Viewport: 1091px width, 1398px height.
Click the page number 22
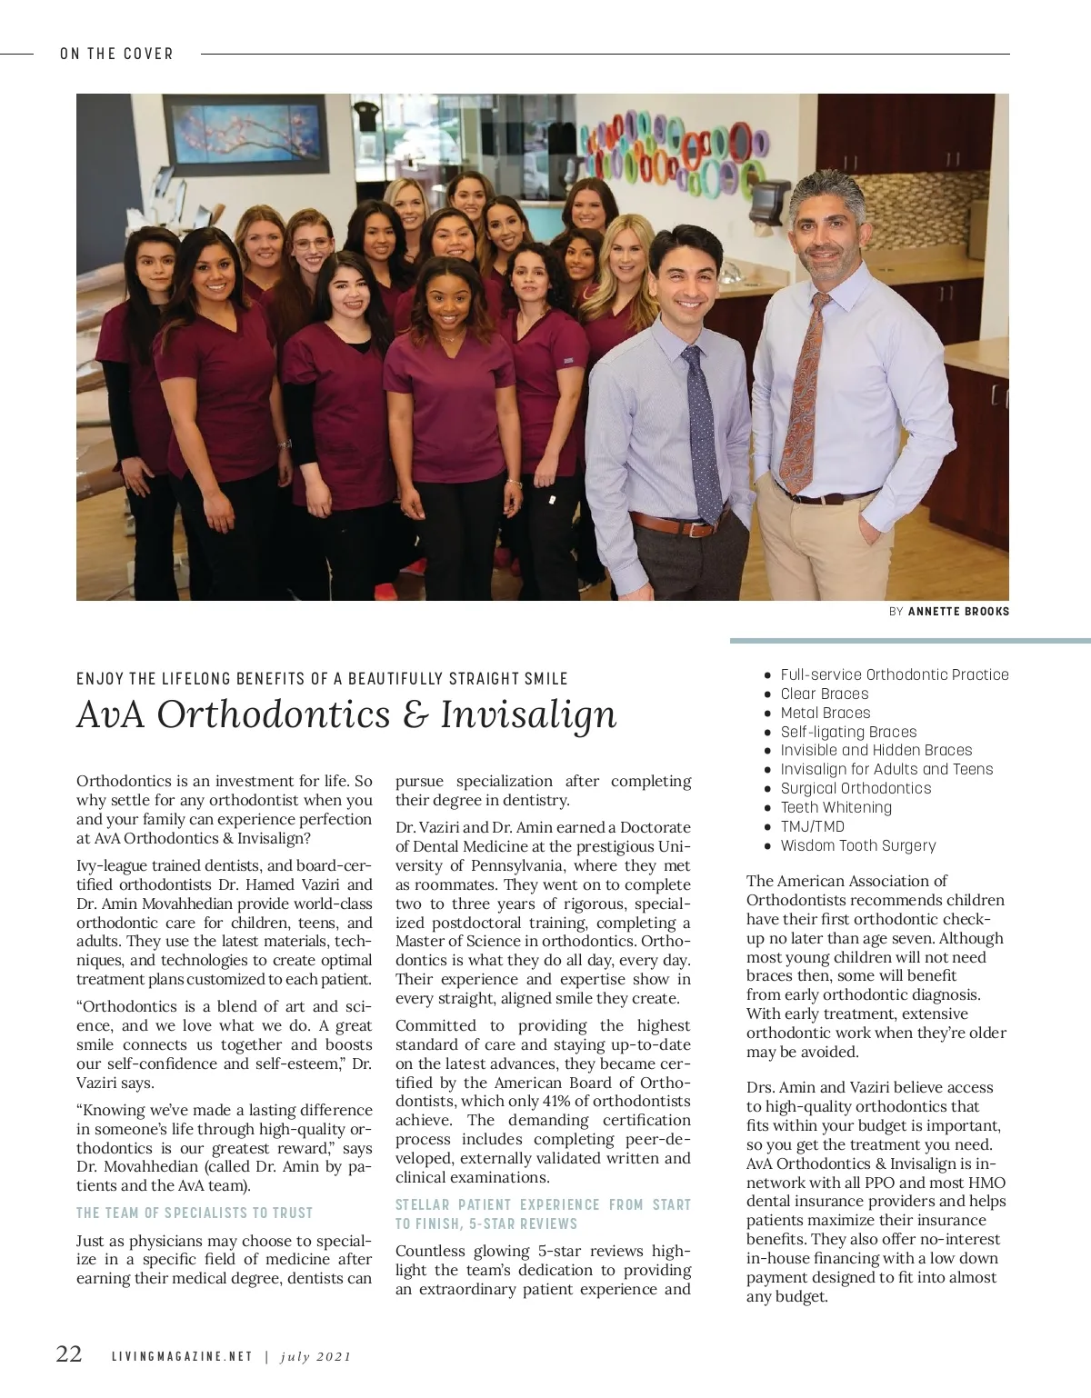point(69,1354)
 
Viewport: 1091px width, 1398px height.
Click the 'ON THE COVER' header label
point(116,54)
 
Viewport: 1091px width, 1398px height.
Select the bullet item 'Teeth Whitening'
point(836,807)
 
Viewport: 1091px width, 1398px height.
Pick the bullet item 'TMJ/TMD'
point(812,826)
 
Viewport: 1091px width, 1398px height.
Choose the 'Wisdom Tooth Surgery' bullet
point(857,845)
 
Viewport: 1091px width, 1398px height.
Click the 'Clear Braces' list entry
point(824,694)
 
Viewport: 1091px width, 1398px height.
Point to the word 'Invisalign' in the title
point(528,714)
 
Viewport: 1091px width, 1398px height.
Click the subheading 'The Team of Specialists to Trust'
point(195,1213)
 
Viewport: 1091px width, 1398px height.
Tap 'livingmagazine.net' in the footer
point(182,1357)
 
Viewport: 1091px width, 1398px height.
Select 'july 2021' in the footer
point(315,1357)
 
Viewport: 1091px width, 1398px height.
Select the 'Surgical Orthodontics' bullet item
point(856,788)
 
